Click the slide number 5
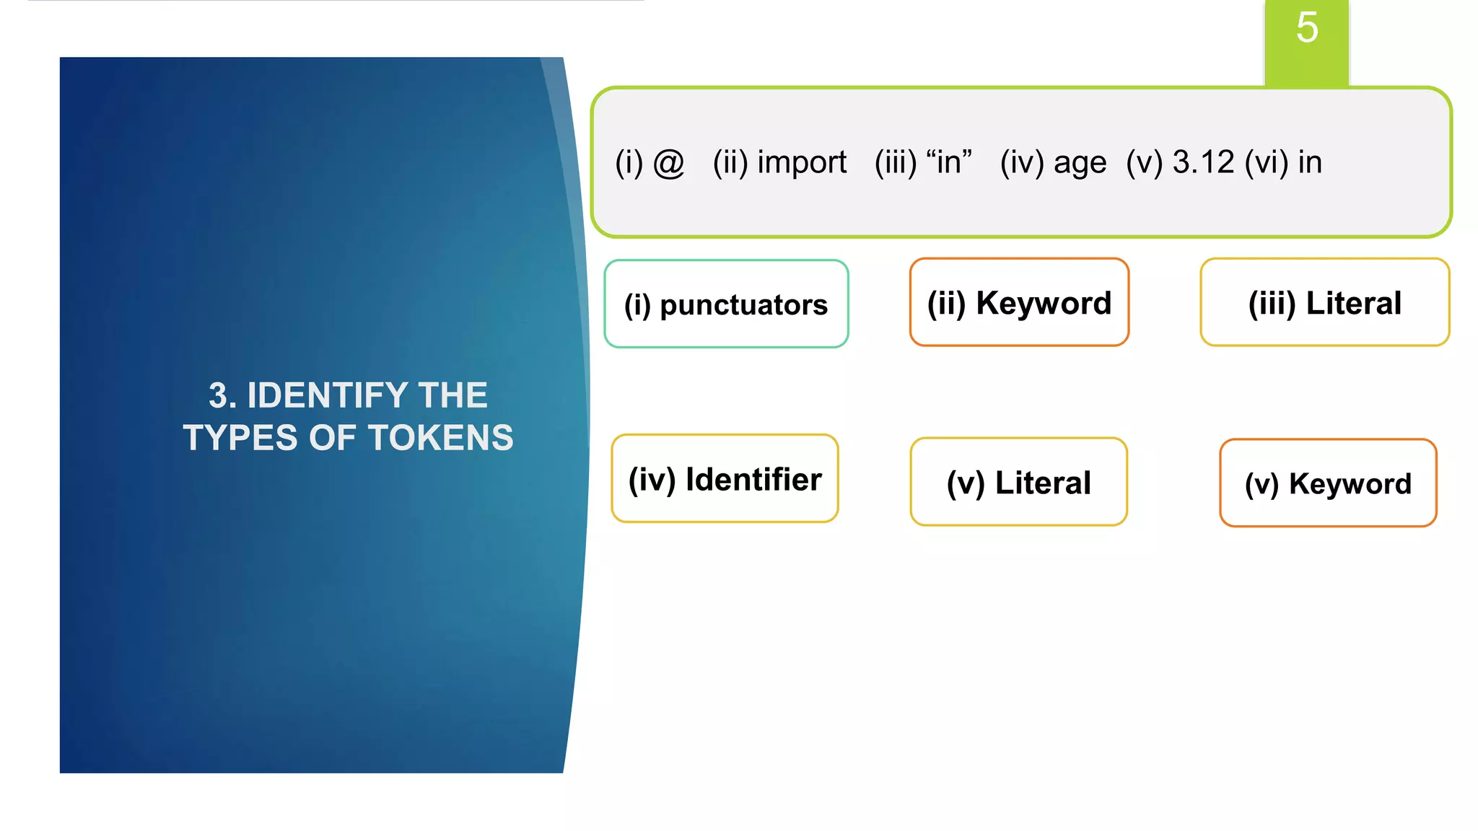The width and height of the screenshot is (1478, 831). click(1307, 28)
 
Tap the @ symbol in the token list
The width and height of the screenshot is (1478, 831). click(668, 163)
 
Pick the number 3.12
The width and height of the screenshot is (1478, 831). click(1203, 162)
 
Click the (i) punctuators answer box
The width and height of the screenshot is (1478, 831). click(726, 304)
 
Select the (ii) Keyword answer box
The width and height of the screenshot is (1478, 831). click(1019, 303)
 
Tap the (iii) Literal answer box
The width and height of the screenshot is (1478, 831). click(1325, 303)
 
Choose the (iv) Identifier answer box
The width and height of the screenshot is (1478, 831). click(725, 479)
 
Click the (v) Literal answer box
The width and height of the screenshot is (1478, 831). click(1018, 483)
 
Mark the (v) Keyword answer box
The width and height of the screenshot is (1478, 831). click(1328, 483)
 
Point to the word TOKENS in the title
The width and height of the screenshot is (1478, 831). click(441, 438)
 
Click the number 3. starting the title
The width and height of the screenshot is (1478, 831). click(222, 395)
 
